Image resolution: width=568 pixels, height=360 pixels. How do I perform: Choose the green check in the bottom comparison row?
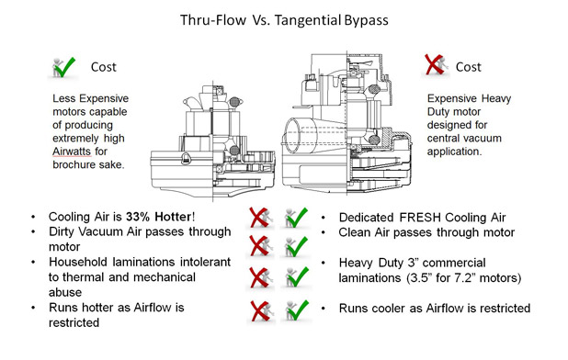click(x=296, y=309)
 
